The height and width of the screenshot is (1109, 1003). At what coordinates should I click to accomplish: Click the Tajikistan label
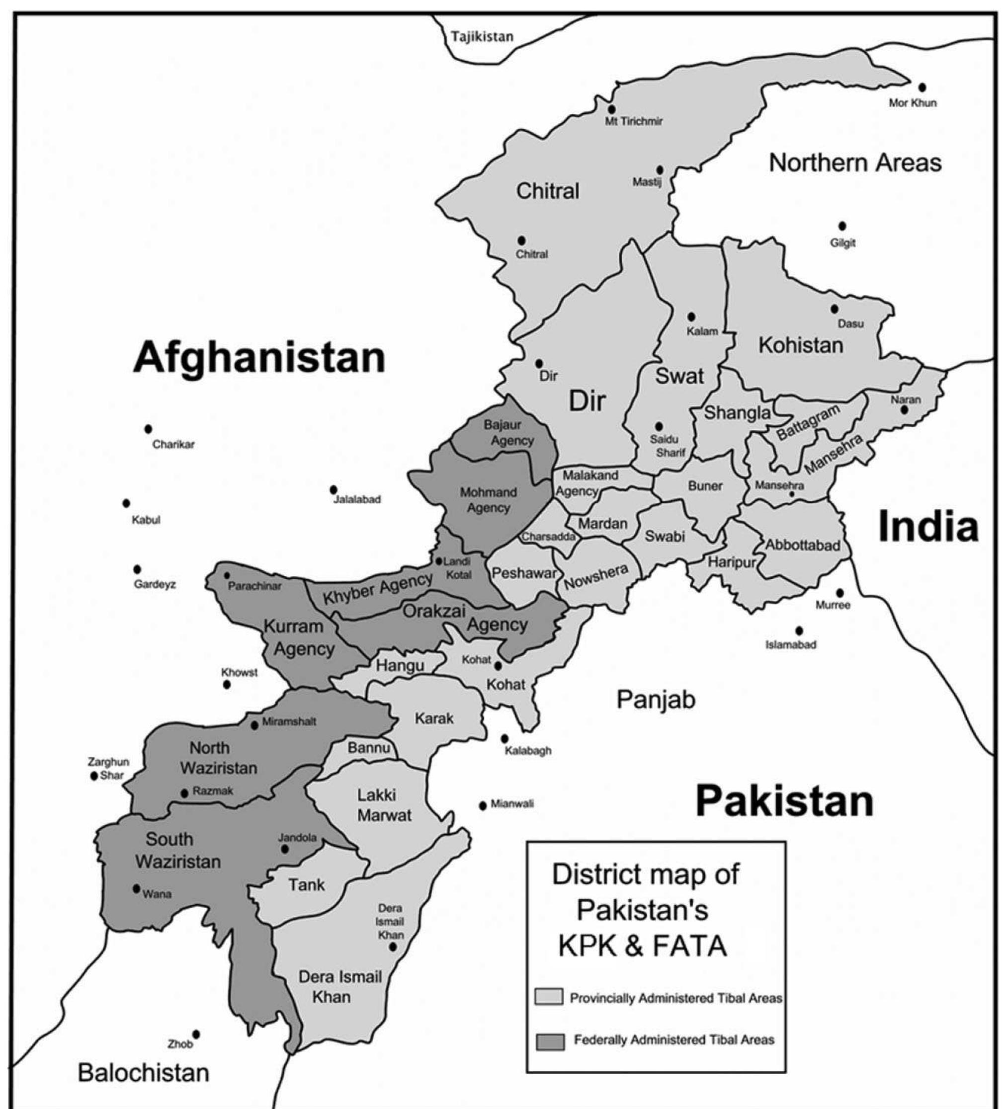[482, 37]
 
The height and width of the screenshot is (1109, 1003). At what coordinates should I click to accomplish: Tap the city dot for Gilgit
[842, 226]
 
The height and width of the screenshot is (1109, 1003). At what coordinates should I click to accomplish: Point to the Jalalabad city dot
[334, 489]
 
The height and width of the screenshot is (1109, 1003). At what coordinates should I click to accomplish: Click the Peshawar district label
[524, 573]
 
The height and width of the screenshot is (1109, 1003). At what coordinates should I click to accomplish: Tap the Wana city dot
[137, 888]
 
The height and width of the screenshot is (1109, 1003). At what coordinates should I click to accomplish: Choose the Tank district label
[307, 884]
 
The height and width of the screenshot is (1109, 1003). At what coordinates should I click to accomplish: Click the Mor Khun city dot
[922, 87]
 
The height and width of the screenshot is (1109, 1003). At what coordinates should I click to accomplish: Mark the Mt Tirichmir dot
[611, 109]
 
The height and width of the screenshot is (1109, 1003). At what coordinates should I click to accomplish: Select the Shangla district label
[737, 412]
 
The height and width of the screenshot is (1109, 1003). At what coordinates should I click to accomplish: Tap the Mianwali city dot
[483, 805]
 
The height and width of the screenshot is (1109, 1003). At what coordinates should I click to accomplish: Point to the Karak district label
[434, 718]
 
